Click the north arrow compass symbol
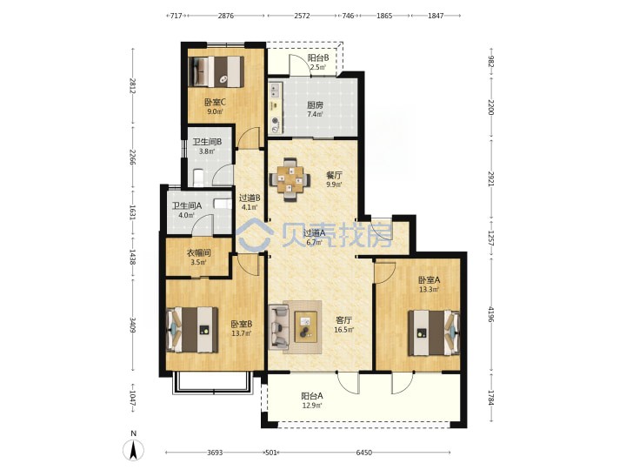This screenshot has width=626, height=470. (x=133, y=450)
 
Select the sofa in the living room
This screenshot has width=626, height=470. (x=279, y=326)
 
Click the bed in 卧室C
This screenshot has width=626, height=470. (x=216, y=71)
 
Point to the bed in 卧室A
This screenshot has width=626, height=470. (x=434, y=332)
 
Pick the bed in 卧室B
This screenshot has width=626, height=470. (x=192, y=330)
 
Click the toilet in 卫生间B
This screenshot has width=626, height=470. (x=198, y=177)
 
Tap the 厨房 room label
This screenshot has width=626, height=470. (x=315, y=105)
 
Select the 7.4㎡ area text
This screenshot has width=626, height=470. (x=315, y=114)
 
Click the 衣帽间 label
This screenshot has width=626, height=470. (x=199, y=253)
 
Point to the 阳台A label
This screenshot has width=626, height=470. (x=312, y=396)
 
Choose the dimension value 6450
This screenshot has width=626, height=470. (x=364, y=453)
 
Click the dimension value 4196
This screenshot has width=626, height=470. (x=490, y=313)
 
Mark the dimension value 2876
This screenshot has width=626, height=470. (x=225, y=16)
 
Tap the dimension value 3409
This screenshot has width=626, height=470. (x=133, y=325)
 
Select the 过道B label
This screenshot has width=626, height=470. (x=250, y=198)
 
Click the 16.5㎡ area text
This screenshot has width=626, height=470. (x=343, y=330)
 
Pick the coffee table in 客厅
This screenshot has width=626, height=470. (x=306, y=327)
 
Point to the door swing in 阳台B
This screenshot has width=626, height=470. (x=300, y=65)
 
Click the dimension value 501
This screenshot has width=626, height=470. (x=271, y=453)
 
